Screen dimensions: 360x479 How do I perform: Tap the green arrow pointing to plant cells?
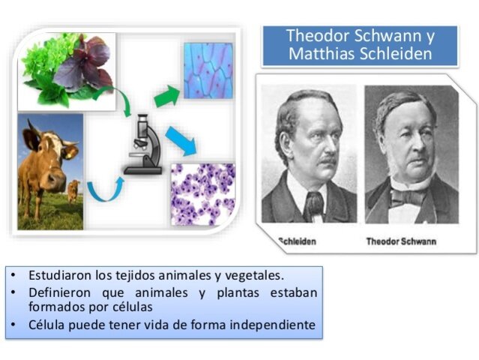pyautogui.click(x=167, y=95)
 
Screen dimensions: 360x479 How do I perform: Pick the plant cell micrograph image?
pyautogui.click(x=208, y=69)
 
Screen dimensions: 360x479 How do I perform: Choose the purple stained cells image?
pyautogui.click(x=202, y=194)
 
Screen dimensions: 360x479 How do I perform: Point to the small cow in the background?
pyautogui.click(x=73, y=190)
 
